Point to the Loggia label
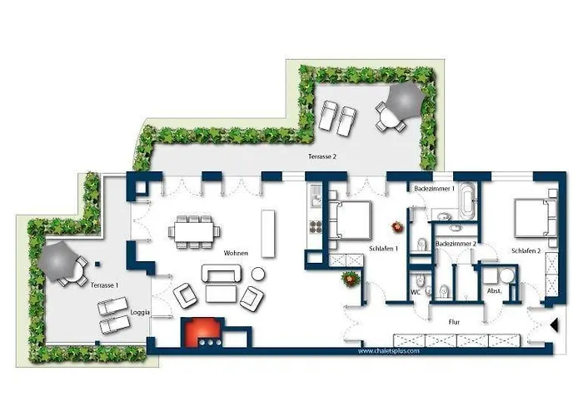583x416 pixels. pyautogui.click(x=141, y=313)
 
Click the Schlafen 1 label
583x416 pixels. pyautogui.click(x=383, y=249)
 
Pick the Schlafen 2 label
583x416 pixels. pyautogui.click(x=526, y=249)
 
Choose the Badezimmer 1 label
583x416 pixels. pyautogui.click(x=434, y=189)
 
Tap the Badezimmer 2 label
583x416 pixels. pyautogui.click(x=456, y=243)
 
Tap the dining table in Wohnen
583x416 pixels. pyautogui.click(x=195, y=230)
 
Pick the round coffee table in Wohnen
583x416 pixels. pyautogui.click(x=258, y=274)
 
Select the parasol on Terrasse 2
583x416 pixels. pyautogui.click(x=402, y=100)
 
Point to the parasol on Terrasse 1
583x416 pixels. pyautogui.click(x=59, y=260)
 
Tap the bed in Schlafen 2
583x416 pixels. pyautogui.click(x=532, y=217)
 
